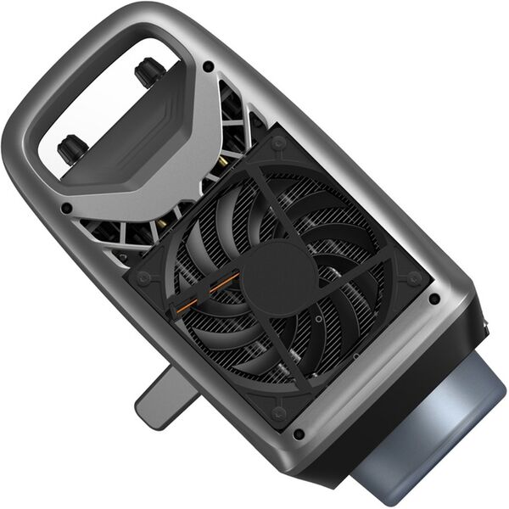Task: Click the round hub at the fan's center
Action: (279, 277)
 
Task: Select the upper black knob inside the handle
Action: (149, 72)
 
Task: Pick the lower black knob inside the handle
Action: (71, 150)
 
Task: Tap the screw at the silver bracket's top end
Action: (208, 66)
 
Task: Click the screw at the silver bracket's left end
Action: (66, 208)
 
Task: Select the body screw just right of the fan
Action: (434, 299)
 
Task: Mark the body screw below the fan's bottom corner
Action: (299, 434)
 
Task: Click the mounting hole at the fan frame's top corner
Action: (279, 142)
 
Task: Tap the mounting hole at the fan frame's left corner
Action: (143, 278)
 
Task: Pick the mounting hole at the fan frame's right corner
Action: (414, 277)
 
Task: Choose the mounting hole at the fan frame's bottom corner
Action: (278, 413)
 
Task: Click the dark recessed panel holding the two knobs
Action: (127, 136)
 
